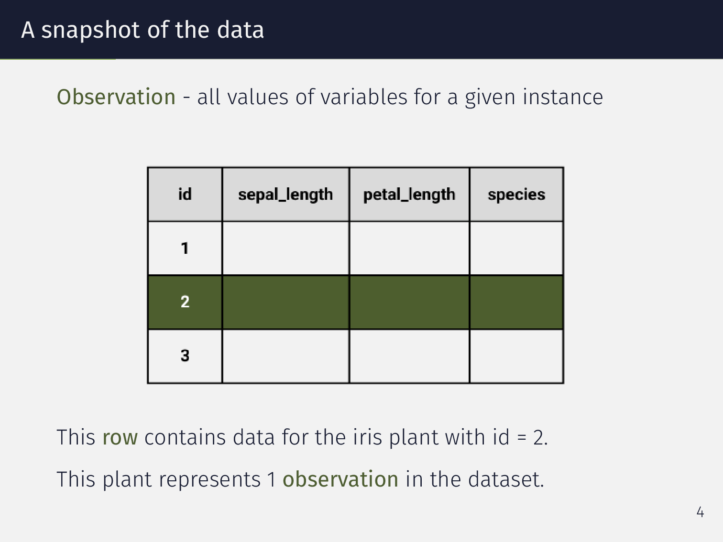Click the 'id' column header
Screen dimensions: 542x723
185,195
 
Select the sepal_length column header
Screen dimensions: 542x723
285,195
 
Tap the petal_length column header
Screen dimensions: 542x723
409,195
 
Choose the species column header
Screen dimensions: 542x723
516,195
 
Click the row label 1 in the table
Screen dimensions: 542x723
185,249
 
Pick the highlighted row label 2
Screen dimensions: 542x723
185,302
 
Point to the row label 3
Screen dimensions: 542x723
185,356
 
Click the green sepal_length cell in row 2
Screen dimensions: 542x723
285,302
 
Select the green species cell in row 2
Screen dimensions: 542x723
516,302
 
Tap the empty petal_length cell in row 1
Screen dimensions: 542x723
409,249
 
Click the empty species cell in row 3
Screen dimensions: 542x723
516,356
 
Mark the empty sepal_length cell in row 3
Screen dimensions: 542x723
285,356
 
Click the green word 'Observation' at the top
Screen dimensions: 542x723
116,97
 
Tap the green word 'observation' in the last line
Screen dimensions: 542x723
340,479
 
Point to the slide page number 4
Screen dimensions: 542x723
701,512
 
